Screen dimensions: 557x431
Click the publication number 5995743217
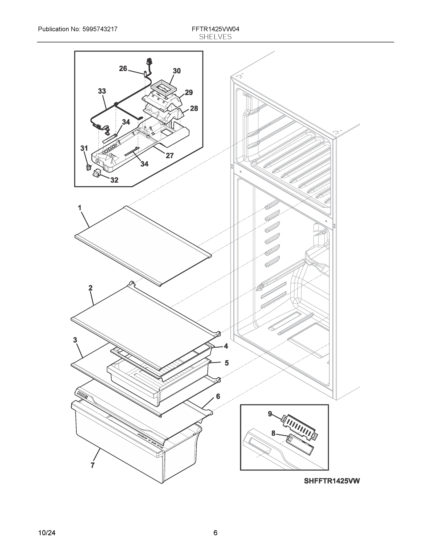pyautogui.click(x=100, y=29)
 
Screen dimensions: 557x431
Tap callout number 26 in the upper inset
pyautogui.click(x=123, y=69)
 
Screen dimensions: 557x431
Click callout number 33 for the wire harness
pyautogui.click(x=102, y=91)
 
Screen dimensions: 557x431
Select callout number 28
pyautogui.click(x=194, y=108)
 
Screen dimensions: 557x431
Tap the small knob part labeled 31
pyautogui.click(x=88, y=168)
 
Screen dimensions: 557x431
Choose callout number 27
pyautogui.click(x=170, y=155)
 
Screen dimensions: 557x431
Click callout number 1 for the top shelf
pyautogui.click(x=80, y=208)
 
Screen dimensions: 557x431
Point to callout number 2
pyautogui.click(x=90, y=288)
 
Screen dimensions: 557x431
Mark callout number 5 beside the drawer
pyautogui.click(x=227, y=363)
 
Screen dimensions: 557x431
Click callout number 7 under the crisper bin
pyautogui.click(x=92, y=465)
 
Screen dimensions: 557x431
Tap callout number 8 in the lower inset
pyautogui.click(x=273, y=433)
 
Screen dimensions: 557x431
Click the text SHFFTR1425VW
pyautogui.click(x=332, y=481)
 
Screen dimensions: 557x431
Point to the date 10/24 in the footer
pyautogui.click(x=47, y=533)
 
